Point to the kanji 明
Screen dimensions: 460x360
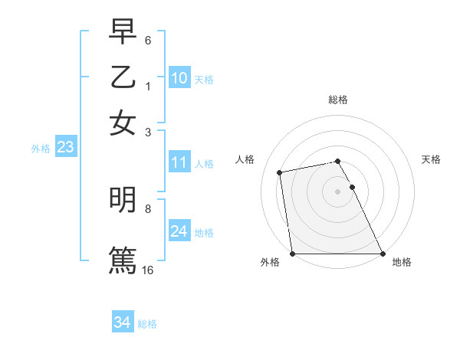point(123,200)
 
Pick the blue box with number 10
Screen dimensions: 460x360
point(179,77)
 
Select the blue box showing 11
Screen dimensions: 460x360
point(179,162)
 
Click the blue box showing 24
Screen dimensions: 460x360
point(179,231)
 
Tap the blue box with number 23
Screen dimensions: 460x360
point(65,148)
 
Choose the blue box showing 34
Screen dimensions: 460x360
point(122,322)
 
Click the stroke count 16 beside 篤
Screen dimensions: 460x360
point(148,270)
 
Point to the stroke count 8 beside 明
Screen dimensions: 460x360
point(148,208)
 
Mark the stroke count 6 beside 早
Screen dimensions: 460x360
point(148,39)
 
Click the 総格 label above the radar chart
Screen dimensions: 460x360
point(338,99)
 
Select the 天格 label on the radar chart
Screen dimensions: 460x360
point(432,159)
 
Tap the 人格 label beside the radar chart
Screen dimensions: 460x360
point(245,159)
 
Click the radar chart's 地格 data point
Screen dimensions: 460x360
point(382,254)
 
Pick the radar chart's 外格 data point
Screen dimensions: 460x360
point(293,254)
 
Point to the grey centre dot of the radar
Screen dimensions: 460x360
point(338,191)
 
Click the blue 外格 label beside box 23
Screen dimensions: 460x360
point(40,149)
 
